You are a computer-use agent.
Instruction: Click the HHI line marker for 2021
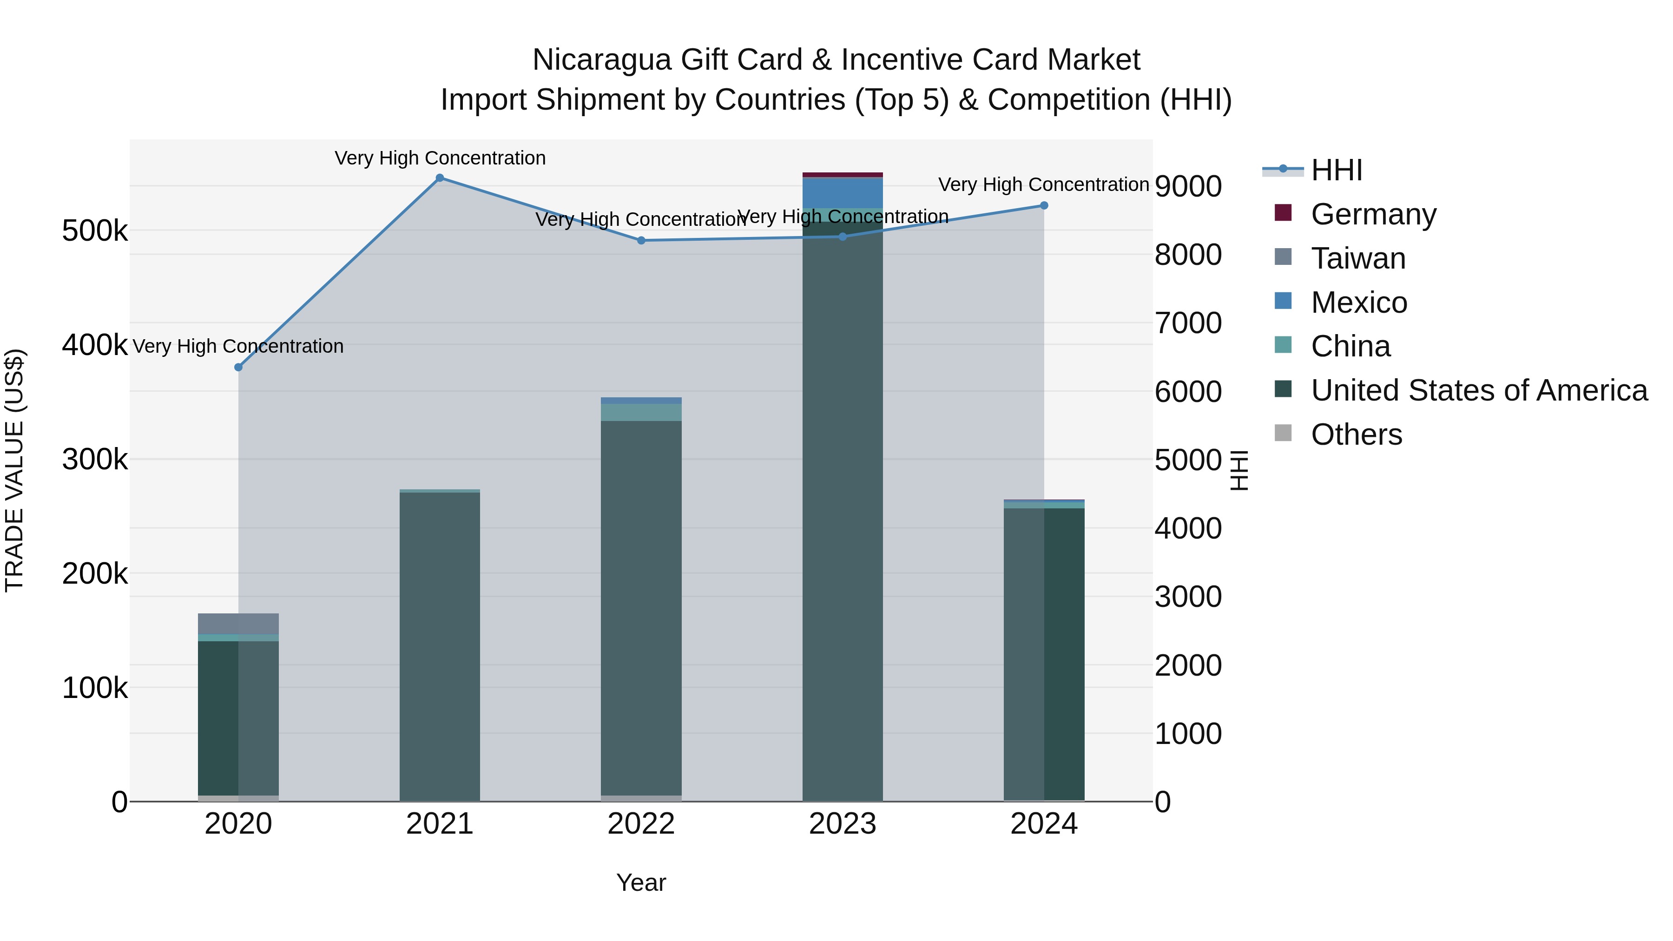coord(440,178)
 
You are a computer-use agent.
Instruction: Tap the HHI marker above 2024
coord(1044,206)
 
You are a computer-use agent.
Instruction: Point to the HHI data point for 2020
coord(238,368)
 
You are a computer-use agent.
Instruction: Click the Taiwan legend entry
coord(1358,258)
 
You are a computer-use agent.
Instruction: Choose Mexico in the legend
coord(1359,303)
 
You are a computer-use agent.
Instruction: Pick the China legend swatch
coord(1283,345)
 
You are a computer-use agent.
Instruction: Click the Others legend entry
coord(1356,434)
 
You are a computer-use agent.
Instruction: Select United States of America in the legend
coord(1479,390)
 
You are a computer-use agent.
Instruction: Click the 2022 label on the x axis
coord(641,824)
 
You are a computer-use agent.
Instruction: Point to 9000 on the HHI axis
coord(1188,186)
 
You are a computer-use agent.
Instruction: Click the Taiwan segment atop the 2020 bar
coord(238,624)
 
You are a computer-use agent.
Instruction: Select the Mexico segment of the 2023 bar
coord(843,193)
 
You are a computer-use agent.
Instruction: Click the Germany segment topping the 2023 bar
coord(843,175)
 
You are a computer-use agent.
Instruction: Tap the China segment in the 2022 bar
coord(641,412)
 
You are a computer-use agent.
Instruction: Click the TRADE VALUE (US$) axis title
coord(14,470)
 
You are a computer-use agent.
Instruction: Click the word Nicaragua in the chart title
coord(601,60)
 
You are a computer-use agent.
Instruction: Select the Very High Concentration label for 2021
coord(440,158)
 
